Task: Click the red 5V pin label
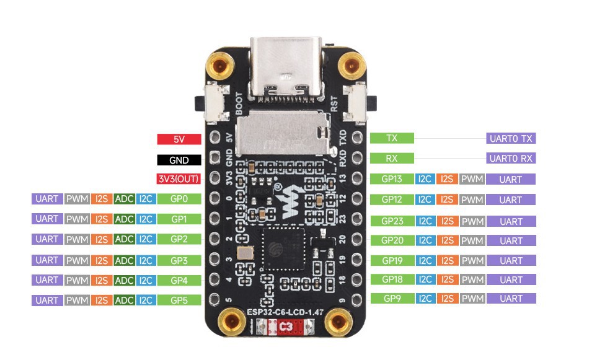(179, 139)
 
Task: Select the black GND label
(179, 160)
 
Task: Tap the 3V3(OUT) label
(179, 180)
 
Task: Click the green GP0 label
(179, 199)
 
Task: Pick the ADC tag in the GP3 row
(125, 260)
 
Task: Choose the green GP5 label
(179, 301)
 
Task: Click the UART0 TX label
(511, 138)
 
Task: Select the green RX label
(392, 158)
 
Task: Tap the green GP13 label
(392, 179)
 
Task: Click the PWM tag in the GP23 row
(472, 221)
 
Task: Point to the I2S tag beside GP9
(447, 299)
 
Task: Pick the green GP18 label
(392, 279)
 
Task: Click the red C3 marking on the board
(286, 327)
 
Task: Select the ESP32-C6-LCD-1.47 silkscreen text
(285, 311)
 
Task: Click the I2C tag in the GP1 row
(146, 219)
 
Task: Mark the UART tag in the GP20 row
(511, 241)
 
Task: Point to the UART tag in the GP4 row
(47, 280)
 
